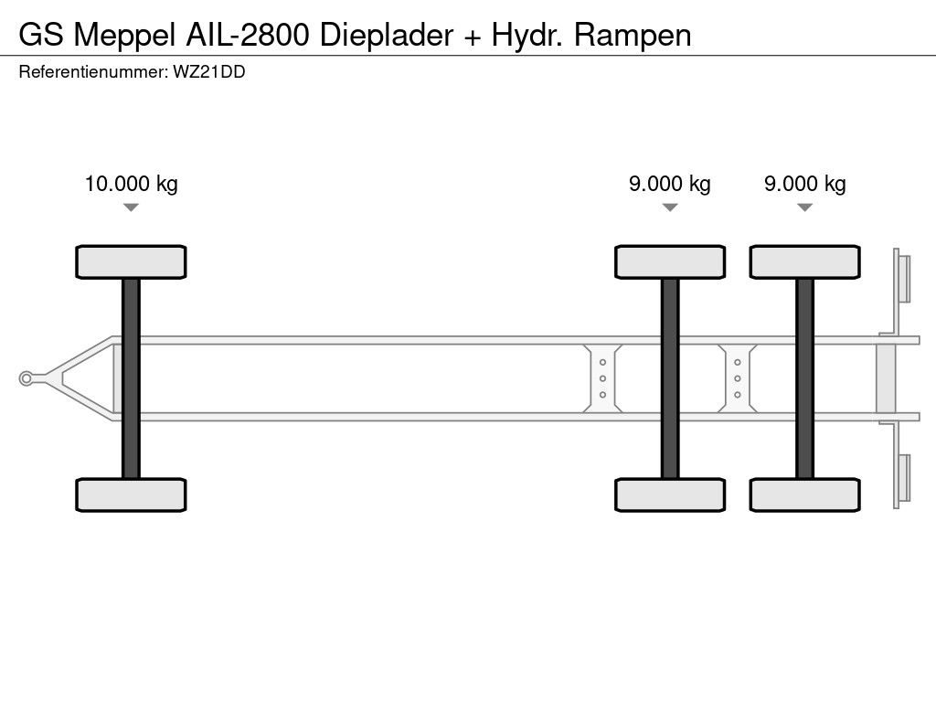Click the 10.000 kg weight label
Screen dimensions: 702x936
click(x=131, y=184)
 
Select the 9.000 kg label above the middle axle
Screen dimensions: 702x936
click(x=669, y=184)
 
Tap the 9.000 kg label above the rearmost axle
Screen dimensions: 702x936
click(x=804, y=184)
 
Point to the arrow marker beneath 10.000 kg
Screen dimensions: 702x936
click(x=131, y=207)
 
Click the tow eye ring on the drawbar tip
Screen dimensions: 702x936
click(x=27, y=378)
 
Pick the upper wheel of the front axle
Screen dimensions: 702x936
click(x=131, y=261)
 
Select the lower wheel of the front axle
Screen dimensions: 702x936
click(x=131, y=495)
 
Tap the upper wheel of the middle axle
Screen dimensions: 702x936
click(x=669, y=261)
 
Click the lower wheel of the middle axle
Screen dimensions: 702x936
click(x=669, y=495)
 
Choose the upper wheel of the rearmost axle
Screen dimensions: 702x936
click(x=804, y=261)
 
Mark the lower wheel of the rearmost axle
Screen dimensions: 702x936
click(x=804, y=495)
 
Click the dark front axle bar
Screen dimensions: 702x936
click(x=131, y=378)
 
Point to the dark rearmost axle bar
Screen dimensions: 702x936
click(x=804, y=378)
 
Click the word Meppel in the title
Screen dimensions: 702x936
click(x=122, y=35)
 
